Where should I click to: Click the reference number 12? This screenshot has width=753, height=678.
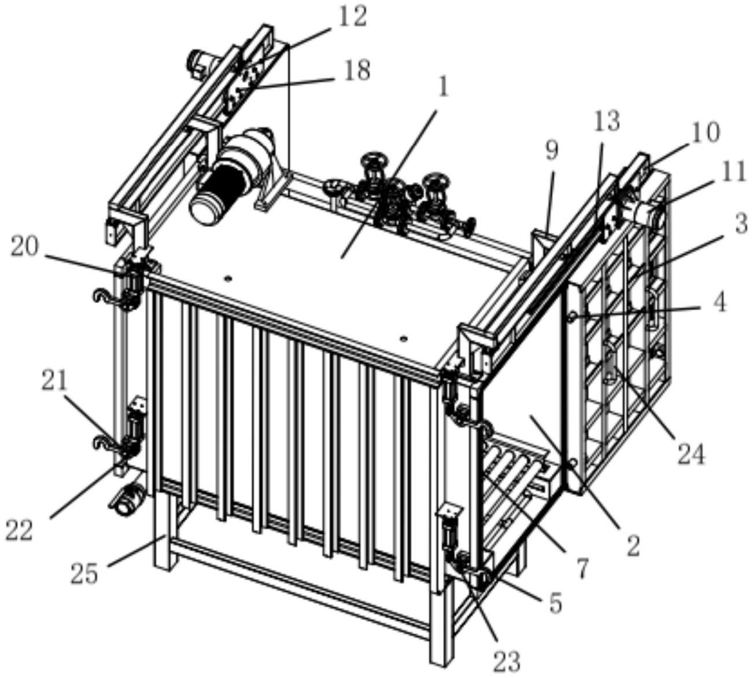point(352,17)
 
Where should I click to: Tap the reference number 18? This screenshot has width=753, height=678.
point(356,71)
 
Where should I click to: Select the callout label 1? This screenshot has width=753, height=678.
point(443,87)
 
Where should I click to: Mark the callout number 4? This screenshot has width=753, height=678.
point(719,302)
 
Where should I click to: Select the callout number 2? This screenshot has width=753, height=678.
point(634,544)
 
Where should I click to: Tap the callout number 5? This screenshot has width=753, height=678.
point(555,603)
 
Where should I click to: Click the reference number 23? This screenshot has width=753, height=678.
point(507,659)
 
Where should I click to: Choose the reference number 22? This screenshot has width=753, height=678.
point(19,530)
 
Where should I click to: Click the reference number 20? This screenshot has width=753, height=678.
point(25,248)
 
